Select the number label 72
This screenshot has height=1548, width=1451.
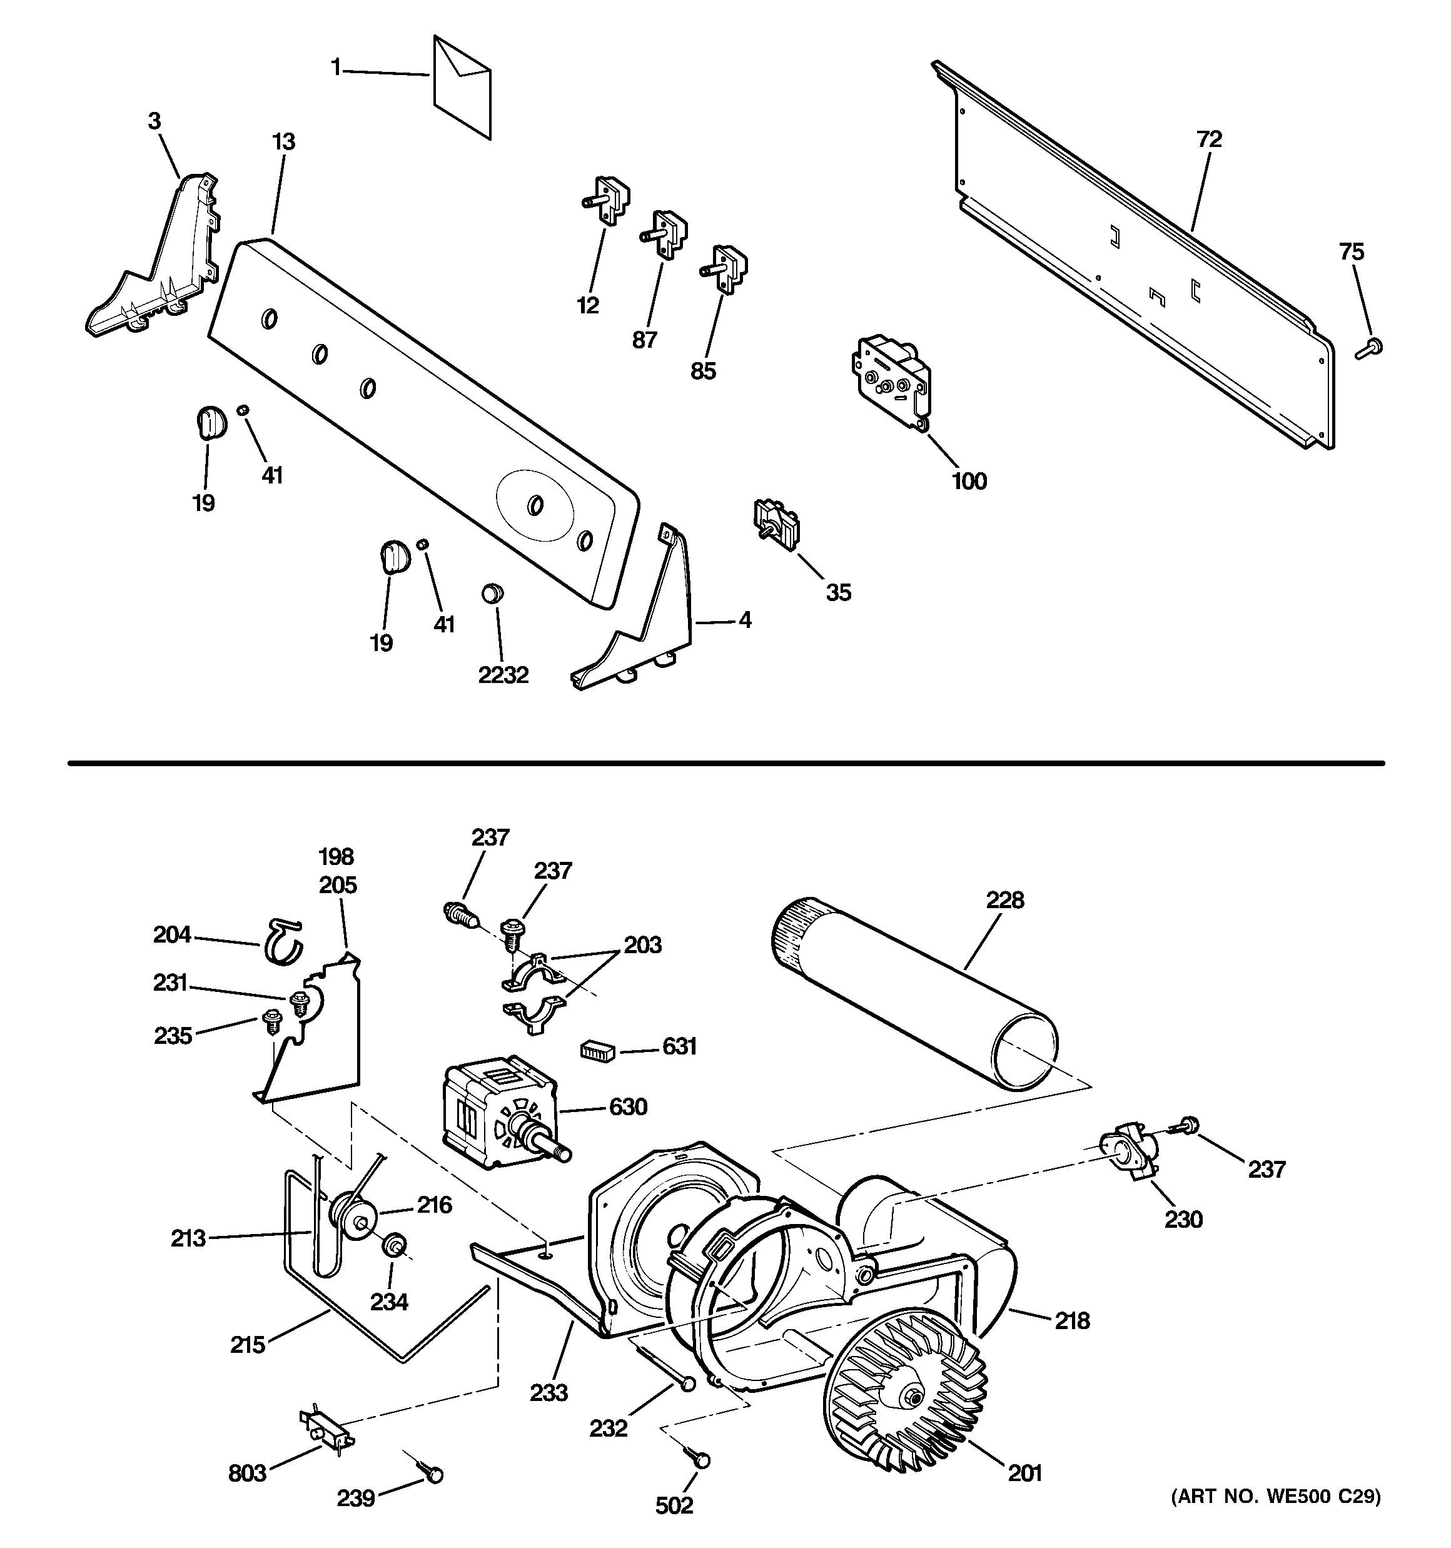[1209, 139]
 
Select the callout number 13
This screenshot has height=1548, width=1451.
[283, 143]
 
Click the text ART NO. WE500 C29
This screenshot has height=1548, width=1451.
[1276, 1496]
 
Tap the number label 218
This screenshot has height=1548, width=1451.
[1072, 1320]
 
